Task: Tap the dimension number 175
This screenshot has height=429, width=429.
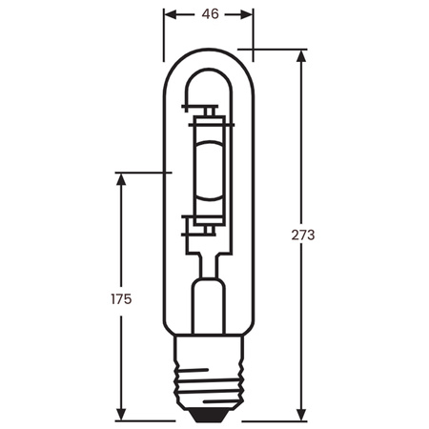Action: [120, 297]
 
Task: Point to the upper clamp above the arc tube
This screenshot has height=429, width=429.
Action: [209, 118]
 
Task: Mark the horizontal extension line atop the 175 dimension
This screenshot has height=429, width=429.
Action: [143, 173]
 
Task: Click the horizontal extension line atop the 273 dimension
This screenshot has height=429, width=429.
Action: [276, 48]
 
